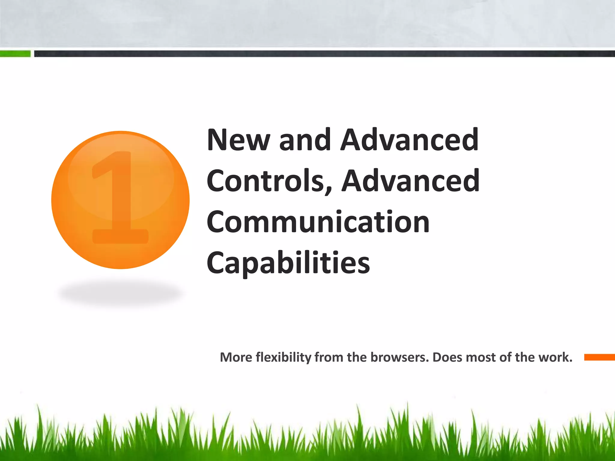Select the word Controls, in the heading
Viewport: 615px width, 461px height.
(x=269, y=181)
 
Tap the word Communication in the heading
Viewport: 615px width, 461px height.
(x=318, y=222)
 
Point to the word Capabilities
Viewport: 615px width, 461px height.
(x=288, y=264)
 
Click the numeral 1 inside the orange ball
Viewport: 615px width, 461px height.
(x=120, y=198)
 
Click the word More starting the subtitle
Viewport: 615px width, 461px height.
(x=236, y=357)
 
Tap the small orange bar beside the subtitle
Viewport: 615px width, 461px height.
(x=599, y=357)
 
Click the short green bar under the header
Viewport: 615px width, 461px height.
(x=15, y=54)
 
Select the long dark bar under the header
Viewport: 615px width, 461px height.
(x=324, y=54)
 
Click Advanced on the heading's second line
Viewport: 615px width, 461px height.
(x=411, y=181)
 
